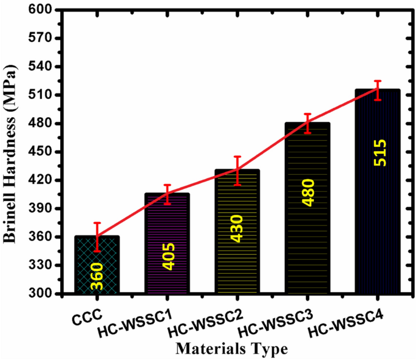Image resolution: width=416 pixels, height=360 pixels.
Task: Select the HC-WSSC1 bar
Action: (x=167, y=243)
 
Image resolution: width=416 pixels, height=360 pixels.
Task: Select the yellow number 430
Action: (x=237, y=228)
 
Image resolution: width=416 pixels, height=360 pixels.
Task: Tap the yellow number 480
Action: (x=308, y=192)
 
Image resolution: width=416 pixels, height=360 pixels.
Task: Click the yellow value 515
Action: (x=378, y=153)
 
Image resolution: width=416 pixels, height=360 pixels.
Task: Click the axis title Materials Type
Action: (x=231, y=349)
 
